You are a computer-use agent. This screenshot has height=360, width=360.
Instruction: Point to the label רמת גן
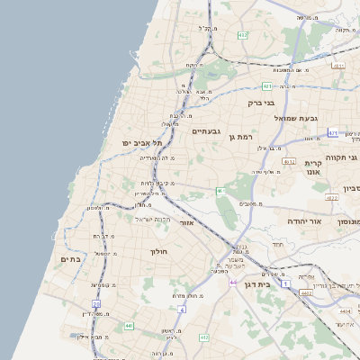coord(244,136)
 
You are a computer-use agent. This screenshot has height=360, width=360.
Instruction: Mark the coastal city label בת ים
coord(71,259)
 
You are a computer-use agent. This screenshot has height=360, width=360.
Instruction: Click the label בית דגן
coord(256,284)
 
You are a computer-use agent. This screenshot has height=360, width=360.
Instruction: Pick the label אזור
coord(187,221)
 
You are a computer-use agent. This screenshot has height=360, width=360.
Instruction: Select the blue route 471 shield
coord(333,132)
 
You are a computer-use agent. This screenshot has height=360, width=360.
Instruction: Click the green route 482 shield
coord(242,35)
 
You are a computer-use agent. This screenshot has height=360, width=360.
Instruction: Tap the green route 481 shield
coord(267,86)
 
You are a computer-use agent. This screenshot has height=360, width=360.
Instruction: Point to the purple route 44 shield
coord(233,283)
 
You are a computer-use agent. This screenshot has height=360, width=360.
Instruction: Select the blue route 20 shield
coord(96,304)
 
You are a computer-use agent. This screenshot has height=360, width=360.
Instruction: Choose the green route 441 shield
coord(130,326)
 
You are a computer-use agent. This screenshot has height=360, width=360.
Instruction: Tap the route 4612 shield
coord(289,161)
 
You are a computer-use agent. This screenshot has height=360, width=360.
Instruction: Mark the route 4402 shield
coord(306,292)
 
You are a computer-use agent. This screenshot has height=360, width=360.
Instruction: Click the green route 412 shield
coord(204,337)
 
